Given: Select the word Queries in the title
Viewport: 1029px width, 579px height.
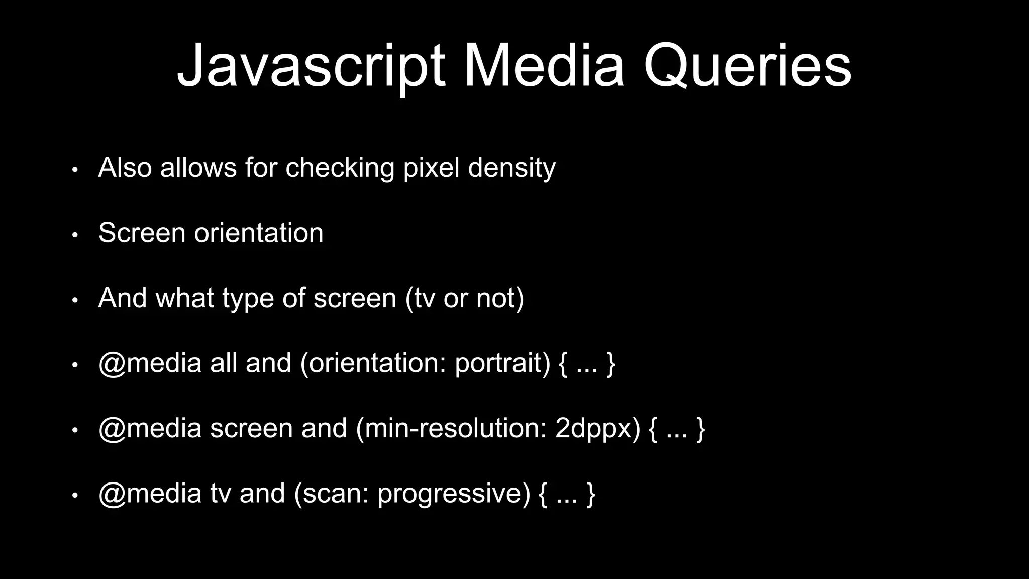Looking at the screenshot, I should [x=747, y=67].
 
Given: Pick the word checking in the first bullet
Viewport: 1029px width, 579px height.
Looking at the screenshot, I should [x=340, y=168].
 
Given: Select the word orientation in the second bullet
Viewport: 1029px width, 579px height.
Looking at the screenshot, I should [x=259, y=233].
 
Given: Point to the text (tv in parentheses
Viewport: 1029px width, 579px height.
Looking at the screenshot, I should [x=420, y=298].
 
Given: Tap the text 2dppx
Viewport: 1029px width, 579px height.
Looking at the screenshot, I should [x=597, y=429].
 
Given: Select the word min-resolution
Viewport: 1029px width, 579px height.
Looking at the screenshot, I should [x=451, y=428].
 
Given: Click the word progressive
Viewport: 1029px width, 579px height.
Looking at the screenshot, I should [x=454, y=494].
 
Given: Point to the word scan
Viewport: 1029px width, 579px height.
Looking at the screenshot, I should [x=332, y=494].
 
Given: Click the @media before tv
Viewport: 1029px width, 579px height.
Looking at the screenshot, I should [x=150, y=494].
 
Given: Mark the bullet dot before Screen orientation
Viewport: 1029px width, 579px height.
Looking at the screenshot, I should [x=75, y=235].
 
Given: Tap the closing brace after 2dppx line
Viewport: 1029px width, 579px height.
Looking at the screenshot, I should [x=701, y=429].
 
